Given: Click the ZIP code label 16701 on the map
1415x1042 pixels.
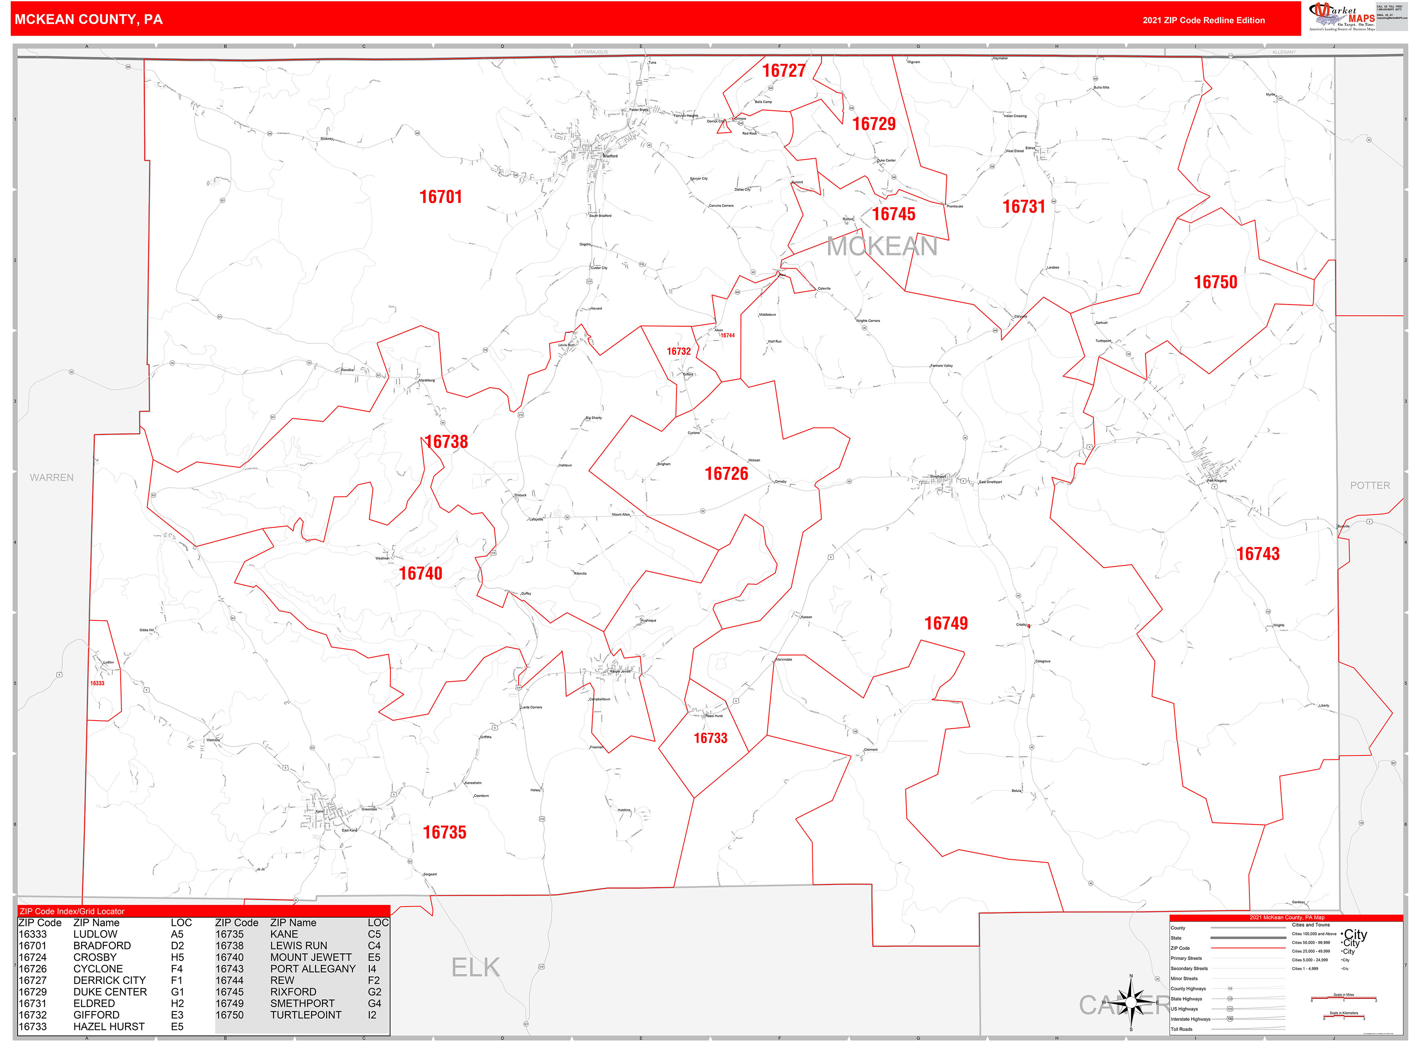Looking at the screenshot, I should click(x=441, y=197).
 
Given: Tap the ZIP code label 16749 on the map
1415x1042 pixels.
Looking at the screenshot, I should click(x=945, y=623).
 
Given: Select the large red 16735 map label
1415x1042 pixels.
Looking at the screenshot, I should click(x=444, y=832).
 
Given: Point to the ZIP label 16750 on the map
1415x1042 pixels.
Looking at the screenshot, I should click(x=1215, y=282).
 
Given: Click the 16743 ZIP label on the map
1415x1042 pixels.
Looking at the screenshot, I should click(x=1257, y=554).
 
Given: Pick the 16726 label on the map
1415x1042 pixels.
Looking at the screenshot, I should click(x=726, y=474).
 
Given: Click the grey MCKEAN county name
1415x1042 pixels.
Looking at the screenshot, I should click(x=882, y=246).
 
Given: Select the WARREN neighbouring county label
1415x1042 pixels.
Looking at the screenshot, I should click(x=52, y=477).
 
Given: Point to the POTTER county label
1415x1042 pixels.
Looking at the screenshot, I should click(x=1370, y=485).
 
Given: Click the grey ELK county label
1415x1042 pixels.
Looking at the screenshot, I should click(x=475, y=967).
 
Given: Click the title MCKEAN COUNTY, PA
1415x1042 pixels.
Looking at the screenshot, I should click(x=88, y=20).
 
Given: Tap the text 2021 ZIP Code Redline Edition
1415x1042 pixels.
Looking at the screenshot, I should click(x=1203, y=20).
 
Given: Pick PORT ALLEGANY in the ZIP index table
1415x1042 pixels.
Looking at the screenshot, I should click(x=312, y=969).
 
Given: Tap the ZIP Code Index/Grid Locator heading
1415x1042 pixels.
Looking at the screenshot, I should click(x=72, y=911).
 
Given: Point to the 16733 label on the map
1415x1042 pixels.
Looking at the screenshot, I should click(x=710, y=738).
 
